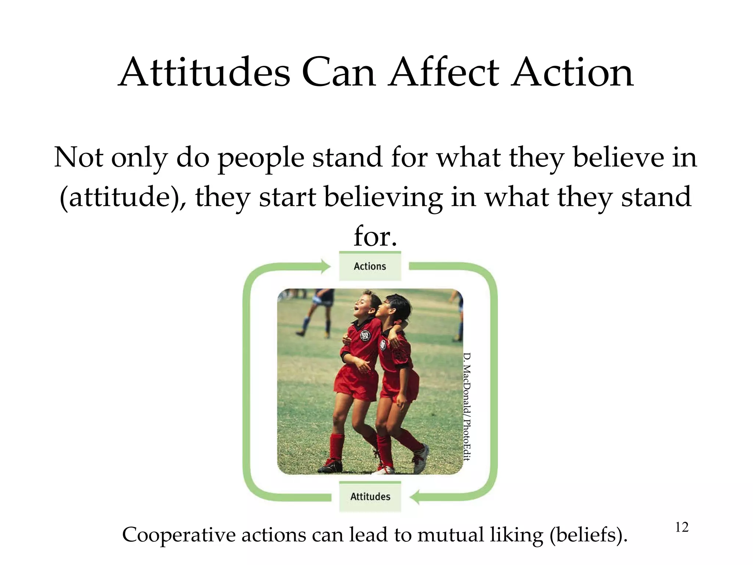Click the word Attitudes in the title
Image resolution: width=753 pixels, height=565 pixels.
(x=204, y=72)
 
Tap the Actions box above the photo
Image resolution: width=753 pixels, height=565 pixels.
(x=370, y=266)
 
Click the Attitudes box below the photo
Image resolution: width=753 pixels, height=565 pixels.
(x=370, y=497)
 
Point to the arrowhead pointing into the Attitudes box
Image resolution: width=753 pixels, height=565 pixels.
(x=415, y=497)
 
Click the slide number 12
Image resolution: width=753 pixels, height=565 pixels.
(x=682, y=527)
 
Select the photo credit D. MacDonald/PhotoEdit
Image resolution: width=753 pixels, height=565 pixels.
(x=467, y=406)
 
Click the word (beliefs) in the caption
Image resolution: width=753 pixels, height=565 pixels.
(x=588, y=535)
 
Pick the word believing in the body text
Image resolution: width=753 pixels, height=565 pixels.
(x=383, y=197)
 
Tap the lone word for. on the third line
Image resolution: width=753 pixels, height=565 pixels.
(x=375, y=236)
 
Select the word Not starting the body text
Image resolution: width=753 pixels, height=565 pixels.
(x=79, y=157)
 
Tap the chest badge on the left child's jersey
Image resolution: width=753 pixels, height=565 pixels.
(x=365, y=336)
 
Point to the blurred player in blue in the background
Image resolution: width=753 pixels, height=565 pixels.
(x=317, y=313)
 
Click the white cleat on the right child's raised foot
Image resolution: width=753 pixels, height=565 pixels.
(x=421, y=458)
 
